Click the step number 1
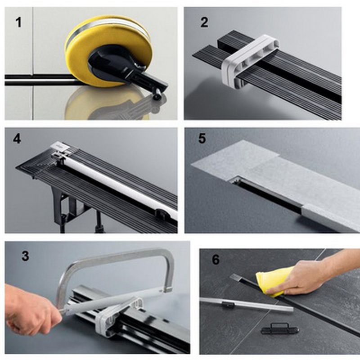coord(18,22)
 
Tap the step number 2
coord(204,22)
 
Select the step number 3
coord(25,256)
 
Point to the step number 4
coord(17,139)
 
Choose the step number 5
coord(202,139)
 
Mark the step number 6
coord(216,260)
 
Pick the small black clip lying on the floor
coord(280,329)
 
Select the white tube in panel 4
coord(119,184)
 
